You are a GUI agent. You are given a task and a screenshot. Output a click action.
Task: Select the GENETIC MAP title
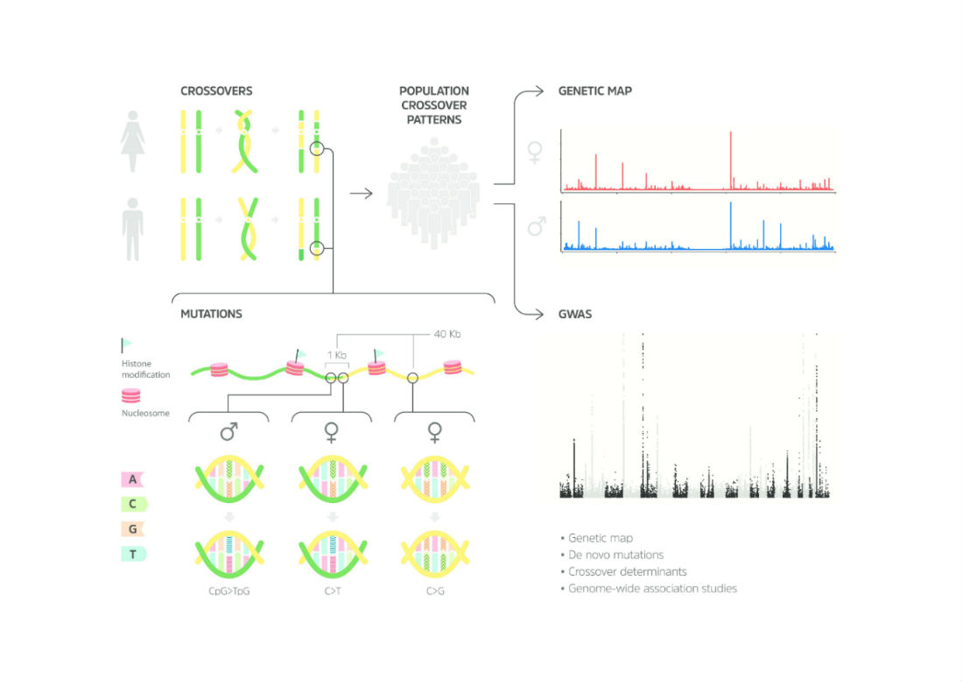[594, 90]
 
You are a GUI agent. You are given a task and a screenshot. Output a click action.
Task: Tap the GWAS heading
[575, 313]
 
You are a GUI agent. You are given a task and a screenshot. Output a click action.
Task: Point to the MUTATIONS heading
[210, 312]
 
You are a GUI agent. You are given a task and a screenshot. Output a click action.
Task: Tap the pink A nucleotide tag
[132, 479]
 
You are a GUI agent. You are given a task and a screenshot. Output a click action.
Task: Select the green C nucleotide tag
[132, 504]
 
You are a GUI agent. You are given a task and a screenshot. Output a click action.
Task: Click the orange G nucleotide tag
[132, 528]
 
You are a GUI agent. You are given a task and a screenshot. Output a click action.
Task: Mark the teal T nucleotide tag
[132, 553]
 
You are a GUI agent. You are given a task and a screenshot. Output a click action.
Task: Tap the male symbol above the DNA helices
[229, 432]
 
